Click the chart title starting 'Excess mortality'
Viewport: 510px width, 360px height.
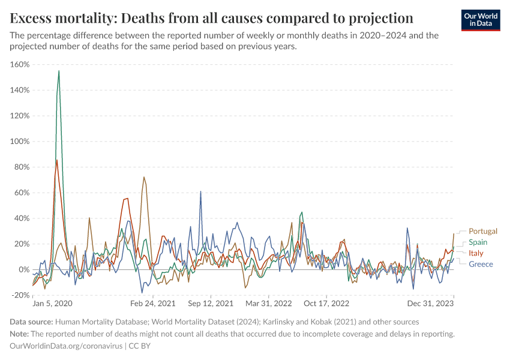tap(212, 17)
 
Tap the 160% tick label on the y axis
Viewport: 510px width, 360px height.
tap(20, 64)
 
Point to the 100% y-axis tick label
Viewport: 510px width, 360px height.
tap(20, 142)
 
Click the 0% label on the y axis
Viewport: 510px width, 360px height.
tap(25, 269)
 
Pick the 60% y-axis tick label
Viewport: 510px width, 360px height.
tap(22, 193)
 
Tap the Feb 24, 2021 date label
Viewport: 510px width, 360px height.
tap(154, 304)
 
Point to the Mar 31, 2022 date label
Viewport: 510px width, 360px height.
tap(268, 304)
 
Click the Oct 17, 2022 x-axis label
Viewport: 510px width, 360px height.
tap(326, 304)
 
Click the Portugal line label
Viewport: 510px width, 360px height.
tap(483, 231)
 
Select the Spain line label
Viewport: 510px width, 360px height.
tap(478, 242)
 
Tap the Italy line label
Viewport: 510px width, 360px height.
tap(476, 253)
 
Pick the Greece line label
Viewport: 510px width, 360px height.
tap(481, 265)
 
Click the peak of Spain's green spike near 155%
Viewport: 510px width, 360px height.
tap(59, 71)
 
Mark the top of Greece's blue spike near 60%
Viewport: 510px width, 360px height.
tap(200, 191)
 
